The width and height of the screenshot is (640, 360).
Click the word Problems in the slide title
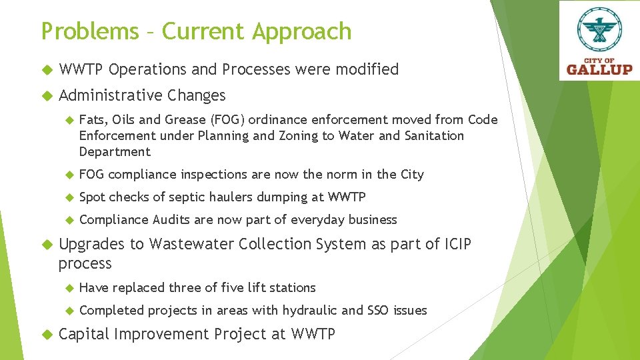tap(90, 31)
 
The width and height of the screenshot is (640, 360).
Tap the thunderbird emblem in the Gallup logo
tap(599, 31)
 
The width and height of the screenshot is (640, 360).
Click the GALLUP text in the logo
tap(599, 69)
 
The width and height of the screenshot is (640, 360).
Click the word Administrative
tap(111, 95)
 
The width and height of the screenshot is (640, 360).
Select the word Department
tap(115, 152)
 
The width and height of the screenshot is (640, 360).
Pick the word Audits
tap(173, 220)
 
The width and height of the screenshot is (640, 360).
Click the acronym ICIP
tap(457, 245)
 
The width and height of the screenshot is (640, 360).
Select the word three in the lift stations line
tap(187, 288)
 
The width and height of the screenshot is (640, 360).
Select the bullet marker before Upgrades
tap(47, 245)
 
